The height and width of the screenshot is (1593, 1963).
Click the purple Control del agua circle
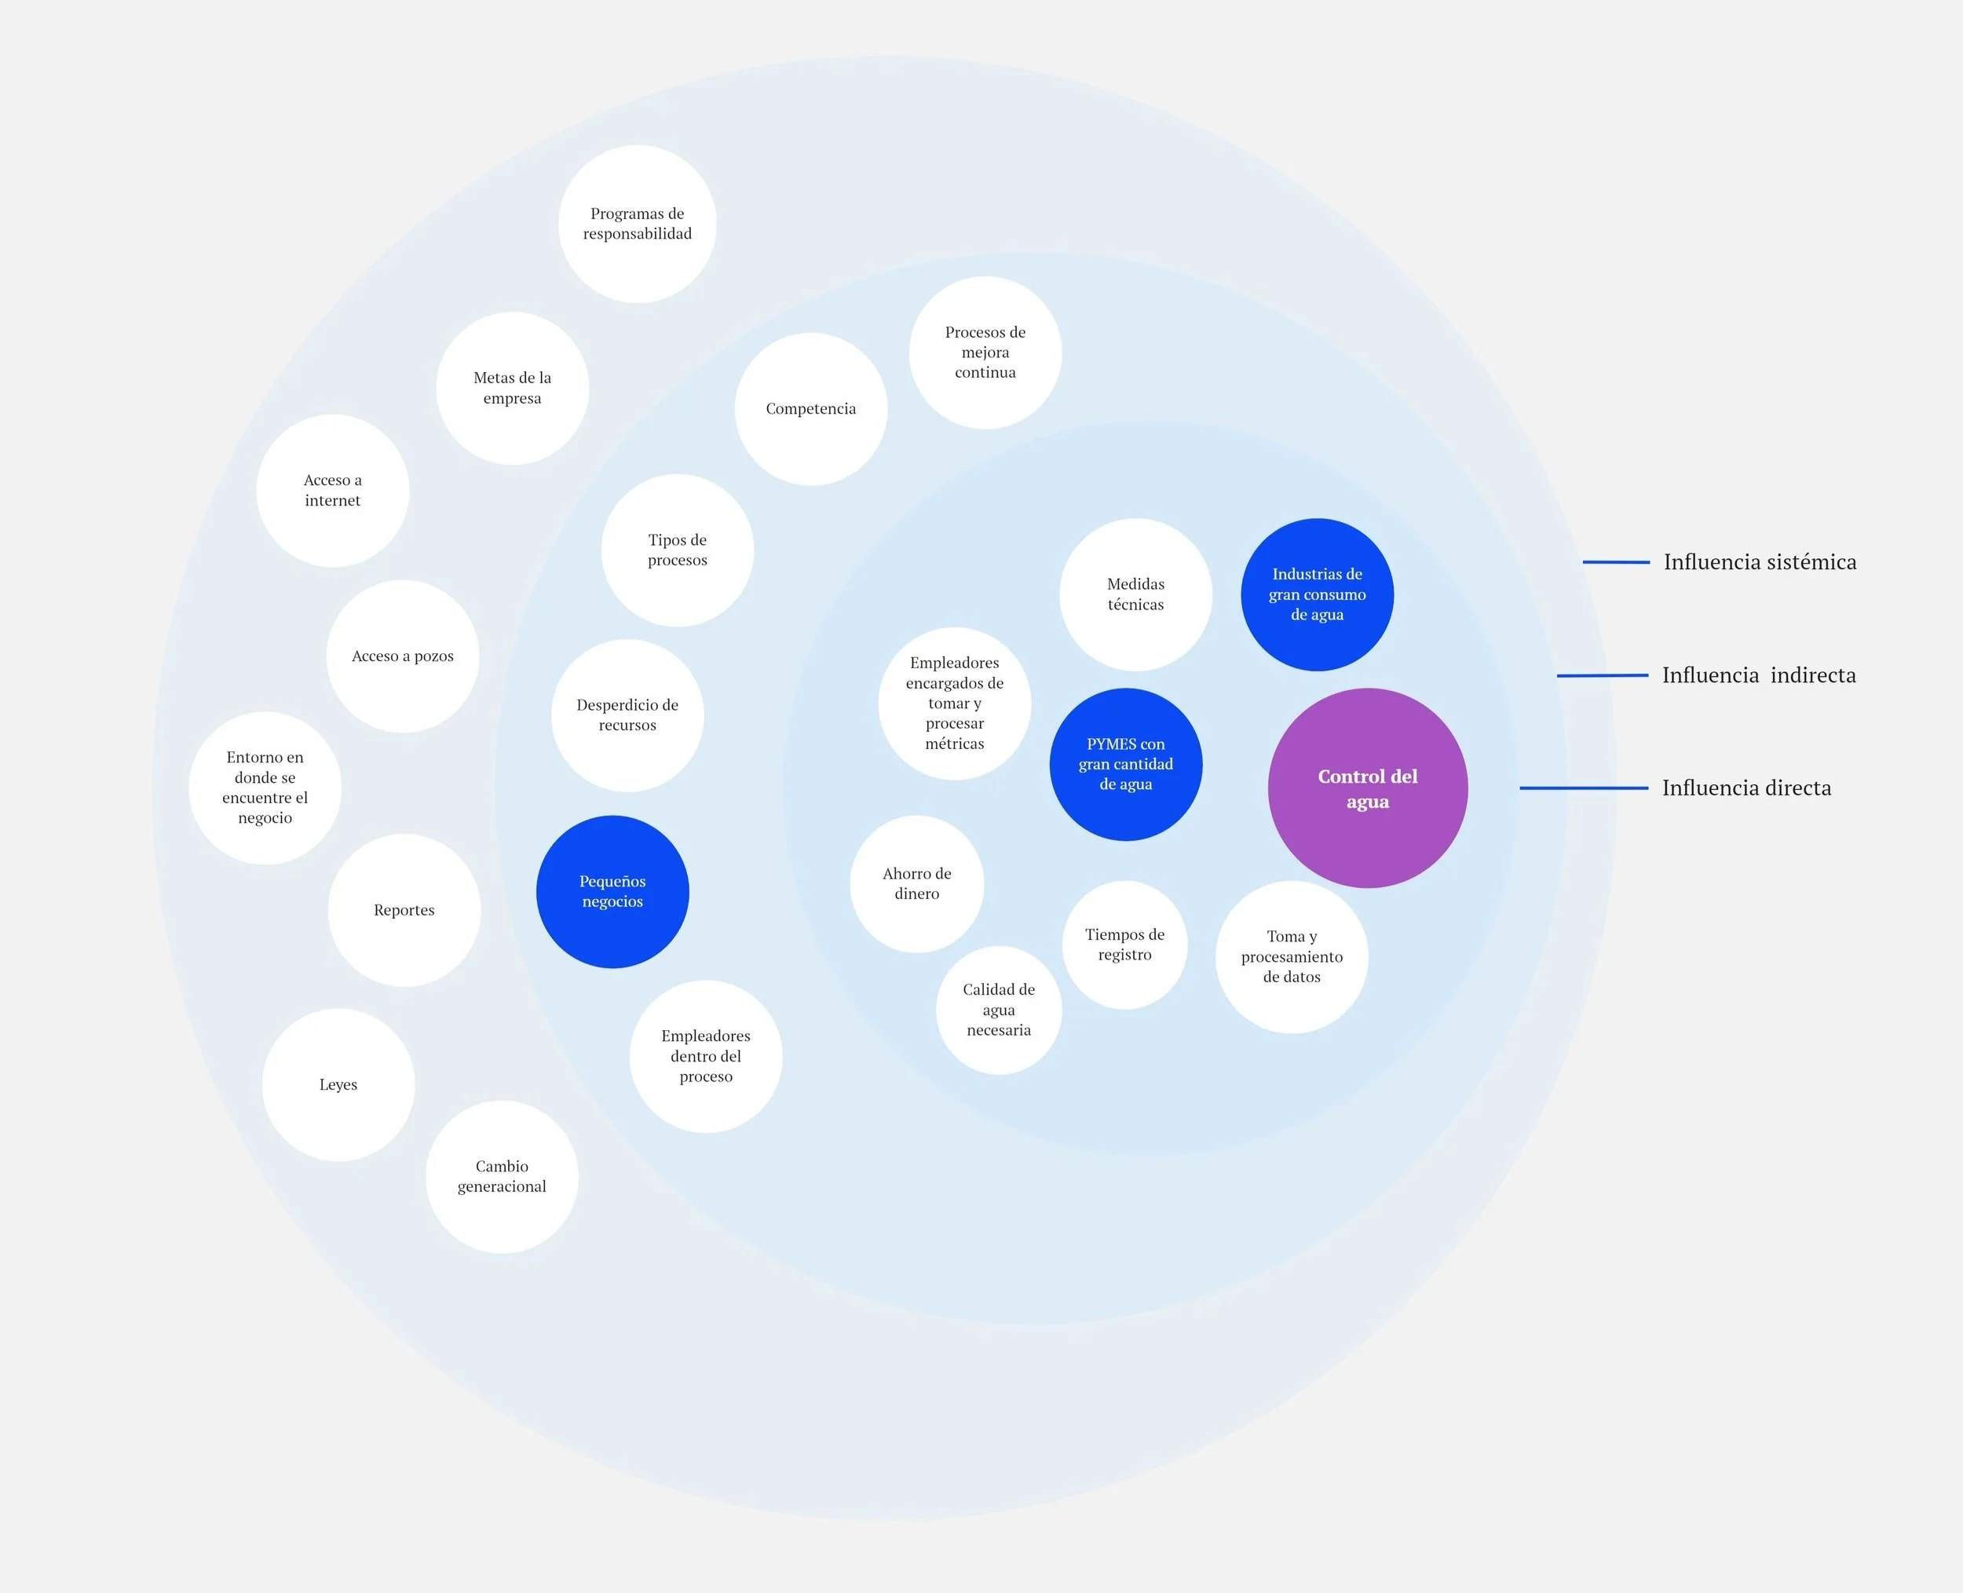pyautogui.click(x=1367, y=788)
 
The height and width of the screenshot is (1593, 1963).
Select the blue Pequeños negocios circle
pyautogui.click(x=612, y=891)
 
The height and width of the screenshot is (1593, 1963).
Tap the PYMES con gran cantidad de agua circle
pyautogui.click(x=1126, y=765)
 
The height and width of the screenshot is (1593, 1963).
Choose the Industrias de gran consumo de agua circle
pyautogui.click(x=1317, y=594)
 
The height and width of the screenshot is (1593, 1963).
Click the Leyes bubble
pyautogui.click(x=338, y=1084)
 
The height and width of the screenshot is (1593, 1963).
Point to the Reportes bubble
pyautogui.click(x=404, y=910)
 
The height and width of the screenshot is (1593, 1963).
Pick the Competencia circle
pyautogui.click(x=811, y=409)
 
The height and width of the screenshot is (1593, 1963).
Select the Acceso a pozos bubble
pyautogui.click(x=403, y=656)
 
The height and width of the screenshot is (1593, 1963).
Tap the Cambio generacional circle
pyautogui.click(x=502, y=1176)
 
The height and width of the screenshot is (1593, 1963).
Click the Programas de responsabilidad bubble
pyautogui.click(x=638, y=224)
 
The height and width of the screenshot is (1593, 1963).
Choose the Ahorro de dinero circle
pyautogui.click(x=917, y=884)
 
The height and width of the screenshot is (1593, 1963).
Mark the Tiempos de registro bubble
pyautogui.click(x=1125, y=945)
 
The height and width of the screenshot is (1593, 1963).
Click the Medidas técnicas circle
pyautogui.click(x=1136, y=594)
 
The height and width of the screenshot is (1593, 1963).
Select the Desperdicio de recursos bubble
pyautogui.click(x=627, y=716)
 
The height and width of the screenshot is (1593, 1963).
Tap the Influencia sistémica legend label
pyautogui.click(x=1760, y=561)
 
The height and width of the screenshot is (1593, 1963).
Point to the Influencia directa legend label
pyautogui.click(x=1746, y=788)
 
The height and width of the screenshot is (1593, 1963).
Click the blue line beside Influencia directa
pyautogui.click(x=1584, y=788)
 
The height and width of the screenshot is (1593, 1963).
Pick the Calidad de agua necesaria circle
pyautogui.click(x=1000, y=1010)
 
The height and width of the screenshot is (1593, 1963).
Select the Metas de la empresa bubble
pyautogui.click(x=512, y=388)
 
